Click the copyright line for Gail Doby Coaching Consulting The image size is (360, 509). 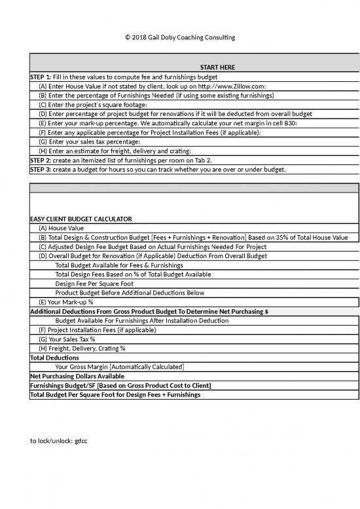click(x=179, y=37)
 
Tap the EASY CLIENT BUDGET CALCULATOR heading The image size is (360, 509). click(x=81, y=218)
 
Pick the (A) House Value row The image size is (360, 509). click(x=62, y=228)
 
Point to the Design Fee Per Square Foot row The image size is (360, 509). click(x=96, y=284)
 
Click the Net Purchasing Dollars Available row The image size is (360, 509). click(x=77, y=376)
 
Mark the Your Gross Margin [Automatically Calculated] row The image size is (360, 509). click(x=119, y=367)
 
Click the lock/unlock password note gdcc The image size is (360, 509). click(x=59, y=441)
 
